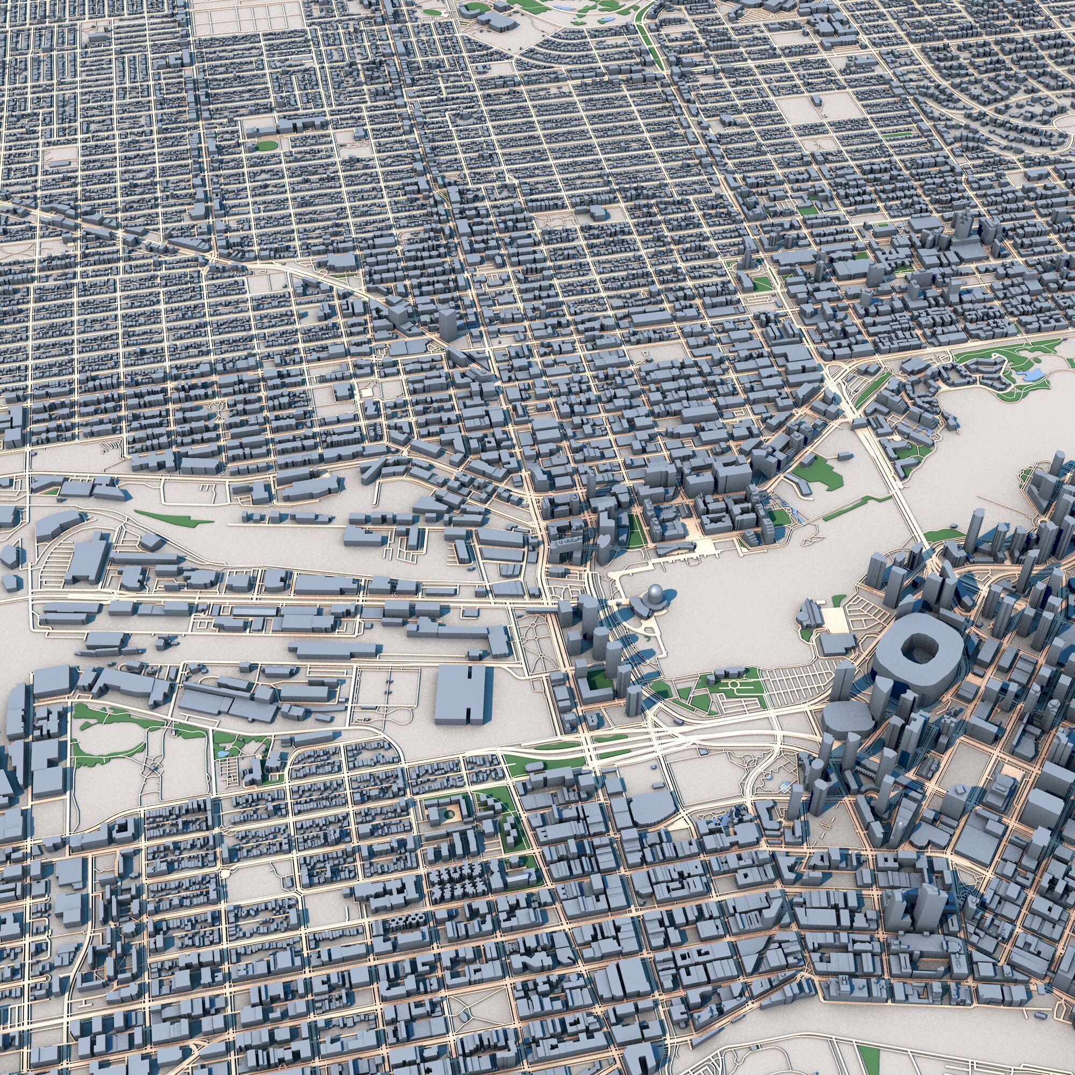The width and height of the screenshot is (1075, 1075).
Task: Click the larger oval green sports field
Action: tap(266, 146)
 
